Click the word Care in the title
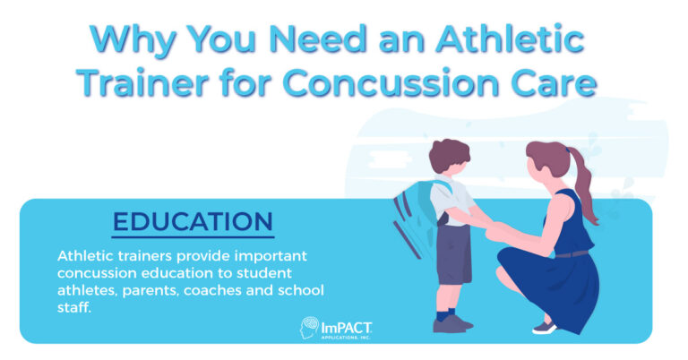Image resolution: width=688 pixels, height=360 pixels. [548, 82]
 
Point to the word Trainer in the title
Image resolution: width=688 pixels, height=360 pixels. [142, 82]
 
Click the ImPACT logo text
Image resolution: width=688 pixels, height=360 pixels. [347, 329]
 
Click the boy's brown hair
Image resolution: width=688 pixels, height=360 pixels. [449, 155]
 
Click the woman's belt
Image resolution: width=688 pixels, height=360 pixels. [570, 254]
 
